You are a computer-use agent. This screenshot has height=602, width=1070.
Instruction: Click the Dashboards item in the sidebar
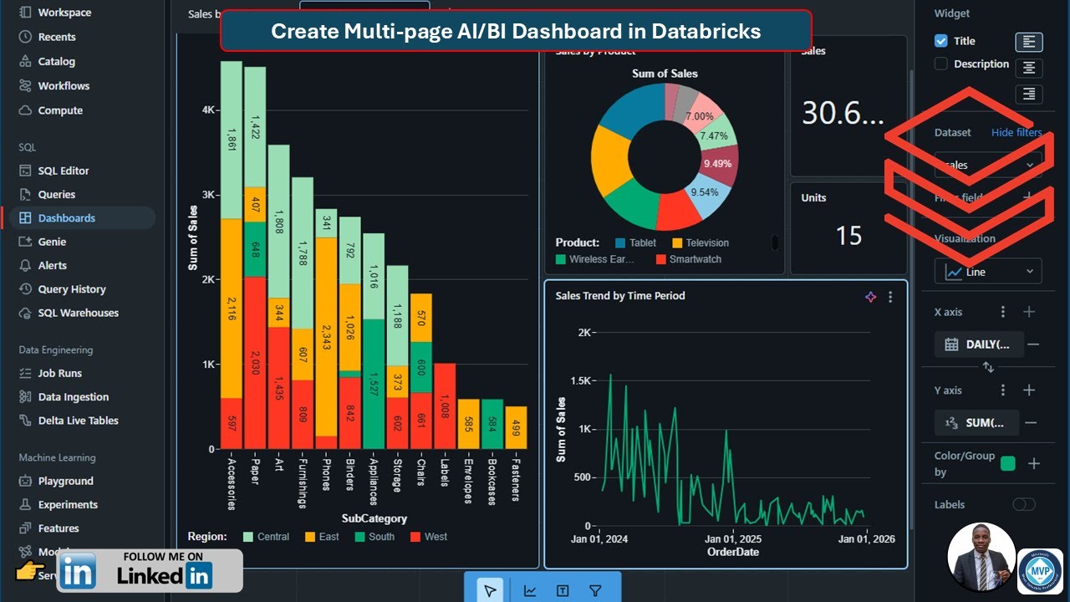pyautogui.click(x=66, y=218)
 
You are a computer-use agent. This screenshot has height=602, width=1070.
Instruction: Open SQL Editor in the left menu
pyautogui.click(x=63, y=171)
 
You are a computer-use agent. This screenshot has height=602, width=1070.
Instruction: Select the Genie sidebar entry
pyautogui.click(x=52, y=242)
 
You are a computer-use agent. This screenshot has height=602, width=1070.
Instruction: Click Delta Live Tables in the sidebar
pyautogui.click(x=78, y=421)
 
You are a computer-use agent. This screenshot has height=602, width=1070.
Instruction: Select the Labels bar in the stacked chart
pyautogui.click(x=445, y=406)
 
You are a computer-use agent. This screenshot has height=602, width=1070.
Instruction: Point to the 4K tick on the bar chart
pyautogui.click(x=208, y=110)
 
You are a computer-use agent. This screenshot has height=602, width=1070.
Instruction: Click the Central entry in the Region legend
pyautogui.click(x=266, y=537)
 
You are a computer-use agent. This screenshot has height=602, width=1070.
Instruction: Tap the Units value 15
pyautogui.click(x=848, y=236)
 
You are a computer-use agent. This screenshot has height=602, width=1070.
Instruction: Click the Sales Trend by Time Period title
pyautogui.click(x=619, y=296)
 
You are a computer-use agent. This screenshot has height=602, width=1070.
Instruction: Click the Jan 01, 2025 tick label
pyautogui.click(x=732, y=539)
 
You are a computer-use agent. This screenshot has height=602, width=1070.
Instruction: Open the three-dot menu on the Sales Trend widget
pyautogui.click(x=890, y=297)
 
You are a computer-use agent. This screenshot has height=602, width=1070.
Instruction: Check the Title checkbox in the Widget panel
pyautogui.click(x=941, y=41)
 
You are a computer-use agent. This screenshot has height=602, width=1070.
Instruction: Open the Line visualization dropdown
pyautogui.click(x=988, y=272)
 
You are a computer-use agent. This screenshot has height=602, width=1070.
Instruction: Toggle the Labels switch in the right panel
pyautogui.click(x=1023, y=504)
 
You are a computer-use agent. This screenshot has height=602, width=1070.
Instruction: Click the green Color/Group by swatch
pyautogui.click(x=1007, y=463)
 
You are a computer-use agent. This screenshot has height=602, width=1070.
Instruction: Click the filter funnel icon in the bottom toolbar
pyautogui.click(x=595, y=591)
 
